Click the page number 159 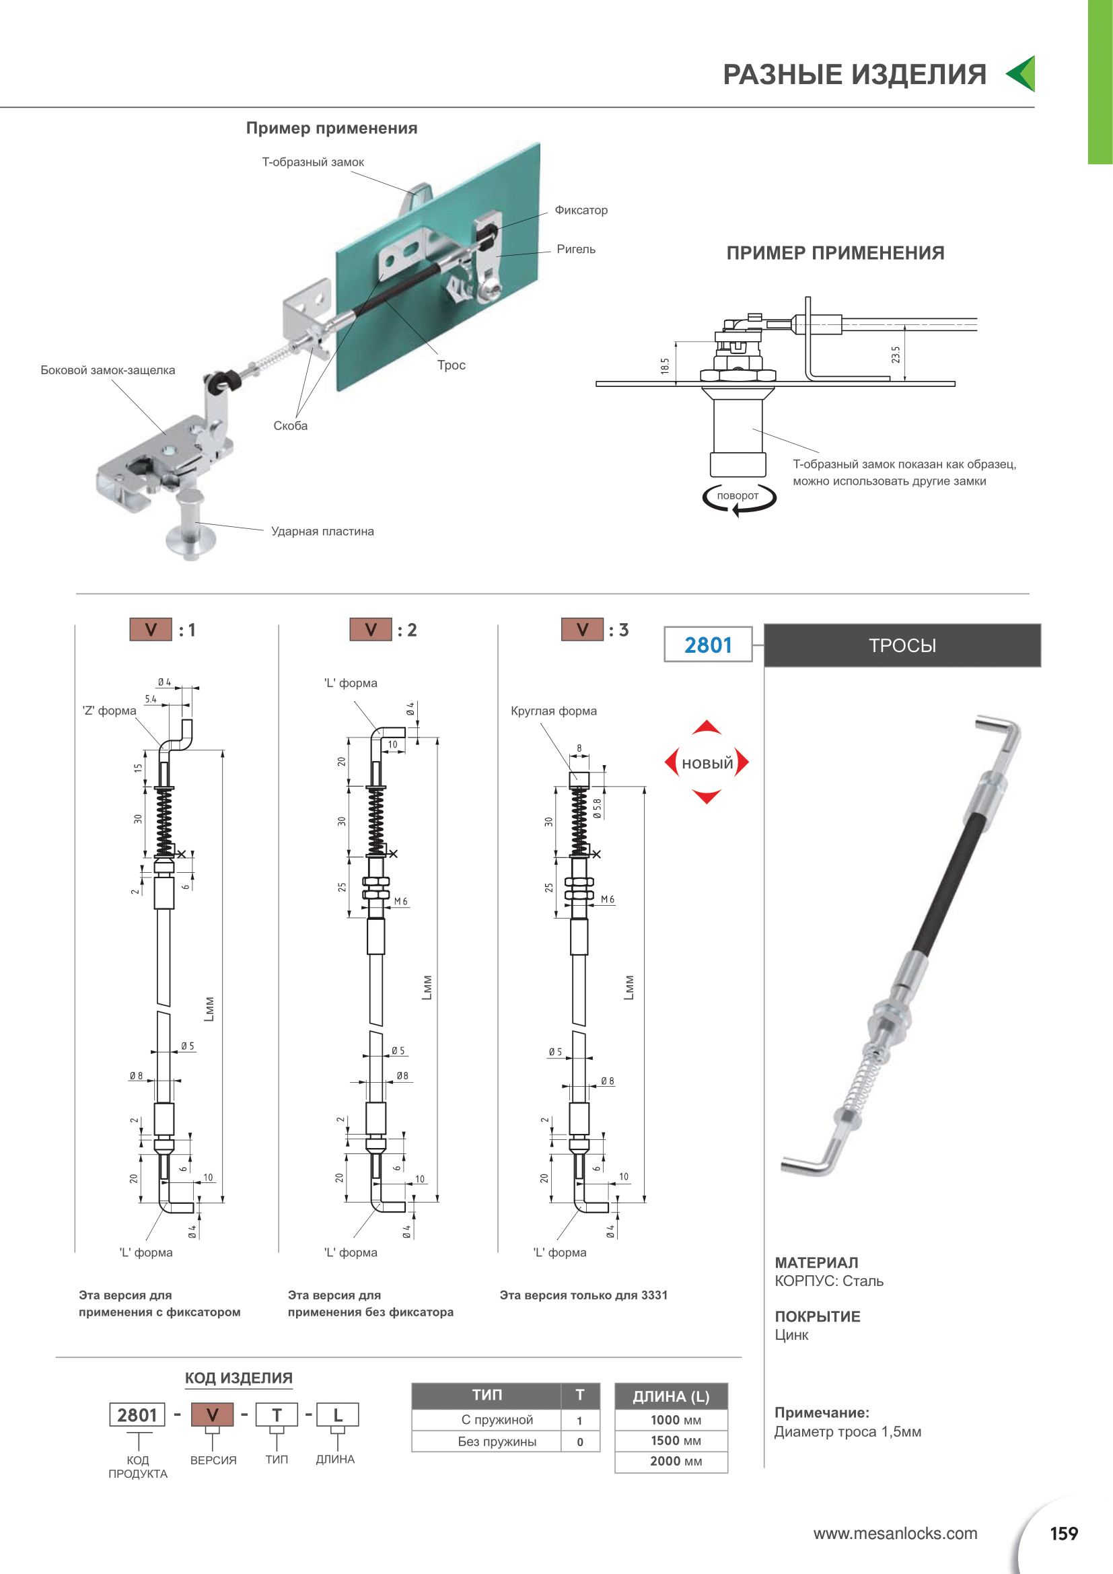[1064, 1534]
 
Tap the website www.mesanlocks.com [895, 1534]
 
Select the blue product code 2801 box [708, 645]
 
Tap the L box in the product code [337, 1415]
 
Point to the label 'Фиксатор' [581, 210]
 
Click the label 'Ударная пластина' [322, 532]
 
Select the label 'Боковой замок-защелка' [108, 370]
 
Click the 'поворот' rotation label [738, 496]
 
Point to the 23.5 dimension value [895, 355]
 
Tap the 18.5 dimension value [665, 366]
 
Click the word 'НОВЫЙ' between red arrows [707, 763]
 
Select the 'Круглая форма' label [554, 711]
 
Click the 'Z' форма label [109, 711]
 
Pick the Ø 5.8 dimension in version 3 [598, 808]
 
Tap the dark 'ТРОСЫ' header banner [902, 645]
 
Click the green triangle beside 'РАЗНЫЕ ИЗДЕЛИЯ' [1022, 74]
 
